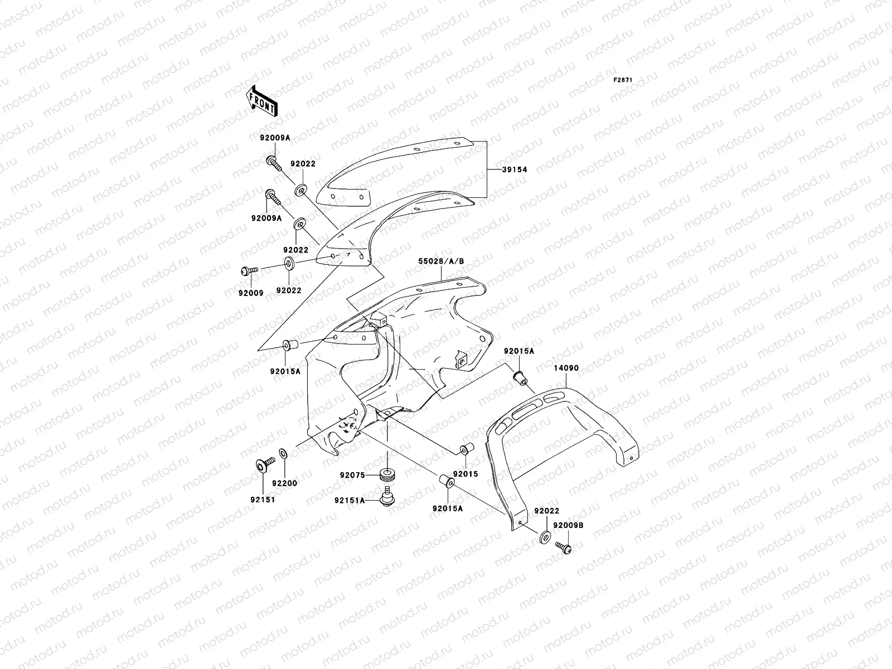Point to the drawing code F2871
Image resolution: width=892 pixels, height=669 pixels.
[623, 80]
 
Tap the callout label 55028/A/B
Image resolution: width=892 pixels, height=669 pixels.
[441, 260]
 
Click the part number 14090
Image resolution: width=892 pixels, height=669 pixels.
[566, 369]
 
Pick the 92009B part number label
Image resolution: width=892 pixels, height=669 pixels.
[568, 525]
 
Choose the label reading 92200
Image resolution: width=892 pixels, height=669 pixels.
[284, 483]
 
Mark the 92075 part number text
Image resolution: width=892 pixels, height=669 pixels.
[352, 476]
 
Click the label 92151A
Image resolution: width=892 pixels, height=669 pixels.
[349, 501]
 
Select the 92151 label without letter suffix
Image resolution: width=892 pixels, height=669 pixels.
[259, 500]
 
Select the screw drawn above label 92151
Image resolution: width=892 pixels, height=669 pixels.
[263, 463]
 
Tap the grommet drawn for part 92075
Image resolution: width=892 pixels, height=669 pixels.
[385, 476]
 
